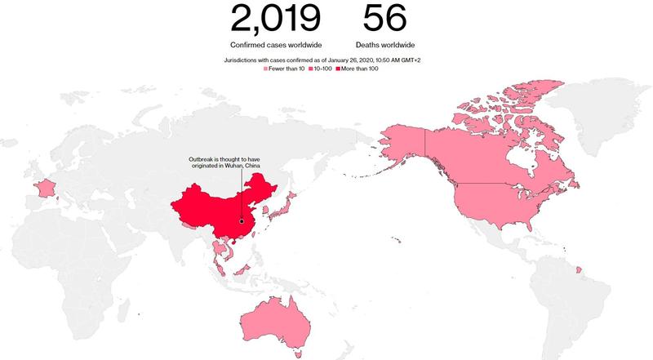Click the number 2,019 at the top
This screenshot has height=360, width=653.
tap(276, 19)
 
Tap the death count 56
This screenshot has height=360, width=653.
tap(387, 19)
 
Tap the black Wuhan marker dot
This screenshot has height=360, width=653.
tap(242, 219)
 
